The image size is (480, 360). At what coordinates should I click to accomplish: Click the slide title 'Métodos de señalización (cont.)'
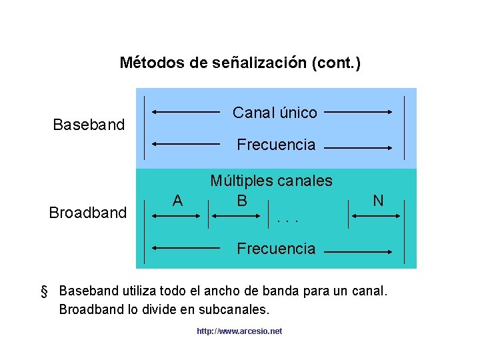click(240, 63)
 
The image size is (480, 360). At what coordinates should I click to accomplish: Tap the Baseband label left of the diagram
click(89, 125)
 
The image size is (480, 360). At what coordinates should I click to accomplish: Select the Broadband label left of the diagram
click(87, 213)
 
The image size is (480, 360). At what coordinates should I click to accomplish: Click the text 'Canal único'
click(275, 113)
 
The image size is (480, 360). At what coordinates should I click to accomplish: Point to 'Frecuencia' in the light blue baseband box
click(276, 145)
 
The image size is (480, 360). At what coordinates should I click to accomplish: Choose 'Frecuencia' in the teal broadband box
click(276, 249)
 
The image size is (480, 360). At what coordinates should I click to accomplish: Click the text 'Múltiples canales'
click(271, 181)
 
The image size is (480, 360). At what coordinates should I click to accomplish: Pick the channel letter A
click(177, 200)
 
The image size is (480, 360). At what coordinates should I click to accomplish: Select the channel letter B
click(242, 199)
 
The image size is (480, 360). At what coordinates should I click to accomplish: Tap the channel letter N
click(378, 200)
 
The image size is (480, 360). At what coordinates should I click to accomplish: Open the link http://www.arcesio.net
click(239, 331)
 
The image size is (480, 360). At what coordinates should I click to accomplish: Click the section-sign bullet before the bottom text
click(45, 291)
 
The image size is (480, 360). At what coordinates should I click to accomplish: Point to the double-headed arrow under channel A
click(176, 215)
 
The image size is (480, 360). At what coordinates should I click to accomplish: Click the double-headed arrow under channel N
click(376, 215)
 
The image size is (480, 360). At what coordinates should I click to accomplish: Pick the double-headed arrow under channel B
click(241, 215)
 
